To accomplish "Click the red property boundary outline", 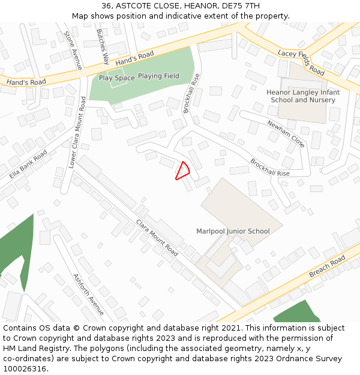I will pos(182,171).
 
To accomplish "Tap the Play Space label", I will pos(116,78).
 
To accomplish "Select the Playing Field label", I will pos(158,76).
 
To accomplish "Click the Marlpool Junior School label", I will pos(233,231).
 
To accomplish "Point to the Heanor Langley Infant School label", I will pos(303,96).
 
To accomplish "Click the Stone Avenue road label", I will pos(73,51).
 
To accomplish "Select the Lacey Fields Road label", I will pos(301,62).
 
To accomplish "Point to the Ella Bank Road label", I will pos(28,164).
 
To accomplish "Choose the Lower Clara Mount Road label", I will pos(77,134).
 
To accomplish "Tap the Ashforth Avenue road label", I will pos(88,294).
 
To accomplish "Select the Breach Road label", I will pos(327,266).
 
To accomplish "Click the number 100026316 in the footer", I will pos(25,369).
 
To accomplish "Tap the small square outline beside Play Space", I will pos(117,78).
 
